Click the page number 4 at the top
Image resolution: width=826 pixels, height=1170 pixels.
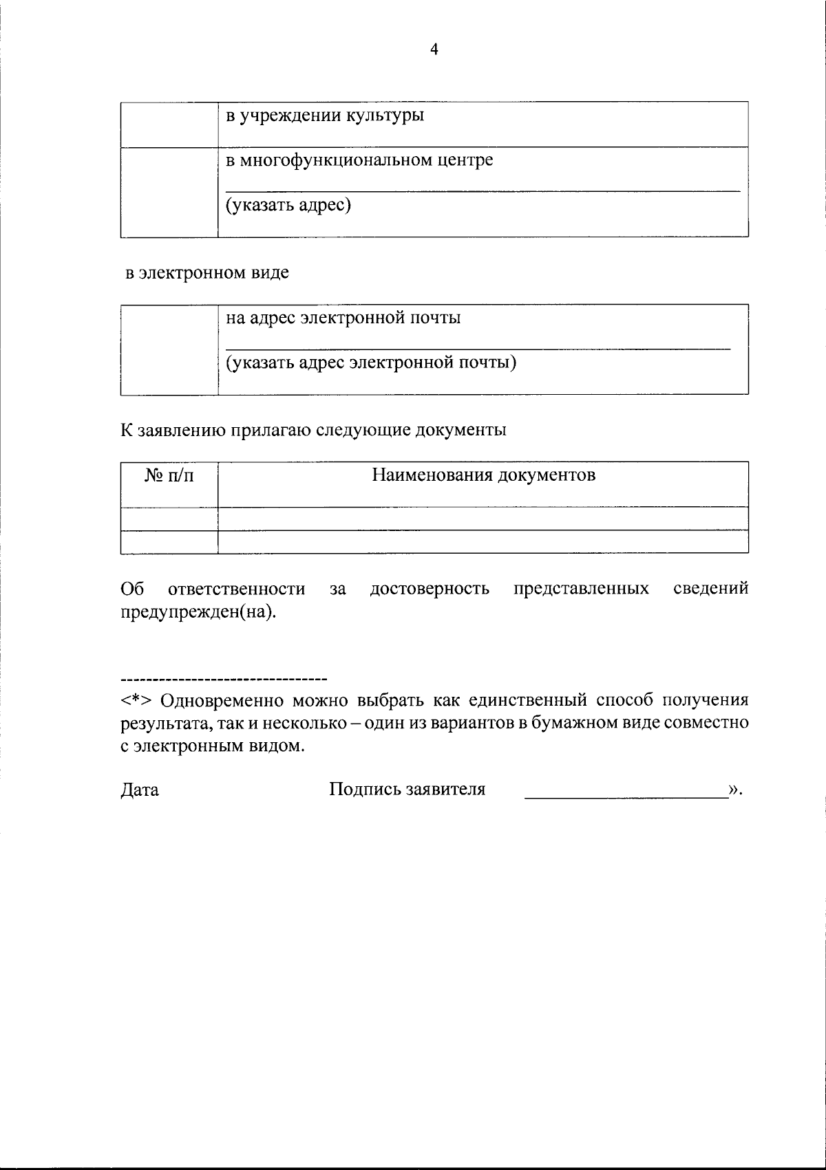pyautogui.click(x=434, y=49)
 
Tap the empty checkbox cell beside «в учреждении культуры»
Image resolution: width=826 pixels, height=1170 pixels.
pyautogui.click(x=169, y=124)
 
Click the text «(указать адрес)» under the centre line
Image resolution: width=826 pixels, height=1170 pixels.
pyautogui.click(x=289, y=205)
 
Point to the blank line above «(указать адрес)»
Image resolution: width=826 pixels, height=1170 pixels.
pyautogui.click(x=482, y=190)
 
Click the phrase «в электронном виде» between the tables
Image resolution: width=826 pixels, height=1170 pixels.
pyautogui.click(x=207, y=273)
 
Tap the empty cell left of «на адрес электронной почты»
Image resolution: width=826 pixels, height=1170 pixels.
pyautogui.click(x=169, y=349)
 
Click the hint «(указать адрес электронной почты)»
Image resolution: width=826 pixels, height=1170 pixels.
pyautogui.click(x=372, y=362)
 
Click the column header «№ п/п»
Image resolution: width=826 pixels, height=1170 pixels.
pyautogui.click(x=169, y=476)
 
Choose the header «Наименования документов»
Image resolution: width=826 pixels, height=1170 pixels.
pyautogui.click(x=483, y=475)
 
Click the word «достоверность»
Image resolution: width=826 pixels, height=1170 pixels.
pyautogui.click(x=430, y=589)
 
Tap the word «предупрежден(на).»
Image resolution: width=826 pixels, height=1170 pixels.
pyautogui.click(x=198, y=611)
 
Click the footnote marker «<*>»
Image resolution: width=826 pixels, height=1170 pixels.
pyautogui.click(x=136, y=701)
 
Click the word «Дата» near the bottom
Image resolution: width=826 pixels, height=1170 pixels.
pyautogui.click(x=140, y=790)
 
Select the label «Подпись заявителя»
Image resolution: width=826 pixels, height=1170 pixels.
pyautogui.click(x=407, y=790)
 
